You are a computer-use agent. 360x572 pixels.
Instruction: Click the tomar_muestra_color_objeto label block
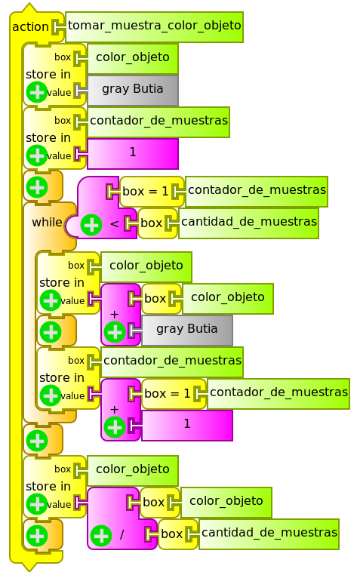[154, 26]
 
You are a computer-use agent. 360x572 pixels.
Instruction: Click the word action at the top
[31, 27]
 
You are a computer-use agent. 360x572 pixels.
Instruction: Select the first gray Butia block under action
[133, 89]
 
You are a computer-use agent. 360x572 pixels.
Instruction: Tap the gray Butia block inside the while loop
[186, 329]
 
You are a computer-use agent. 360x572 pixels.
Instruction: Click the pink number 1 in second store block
[133, 152]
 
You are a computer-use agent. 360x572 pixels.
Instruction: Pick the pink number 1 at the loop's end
[186, 424]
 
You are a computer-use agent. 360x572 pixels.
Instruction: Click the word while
[48, 223]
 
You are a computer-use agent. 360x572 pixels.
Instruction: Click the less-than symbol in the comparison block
[114, 223]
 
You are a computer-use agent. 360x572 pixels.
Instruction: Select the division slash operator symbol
[121, 535]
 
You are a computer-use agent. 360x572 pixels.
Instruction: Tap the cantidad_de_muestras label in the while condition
[248, 222]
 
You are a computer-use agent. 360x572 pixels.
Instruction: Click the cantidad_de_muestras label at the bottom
[269, 533]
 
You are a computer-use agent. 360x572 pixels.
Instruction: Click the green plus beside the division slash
[101, 536]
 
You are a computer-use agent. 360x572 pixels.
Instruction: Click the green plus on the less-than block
[91, 224]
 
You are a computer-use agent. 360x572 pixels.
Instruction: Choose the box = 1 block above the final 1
[168, 393]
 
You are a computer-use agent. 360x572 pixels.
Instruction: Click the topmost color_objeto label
[133, 57]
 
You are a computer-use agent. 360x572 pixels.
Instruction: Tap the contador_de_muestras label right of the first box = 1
[257, 190]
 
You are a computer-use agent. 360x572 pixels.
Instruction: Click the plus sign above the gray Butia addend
[115, 314]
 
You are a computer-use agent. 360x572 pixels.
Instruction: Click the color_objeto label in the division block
[226, 501]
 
